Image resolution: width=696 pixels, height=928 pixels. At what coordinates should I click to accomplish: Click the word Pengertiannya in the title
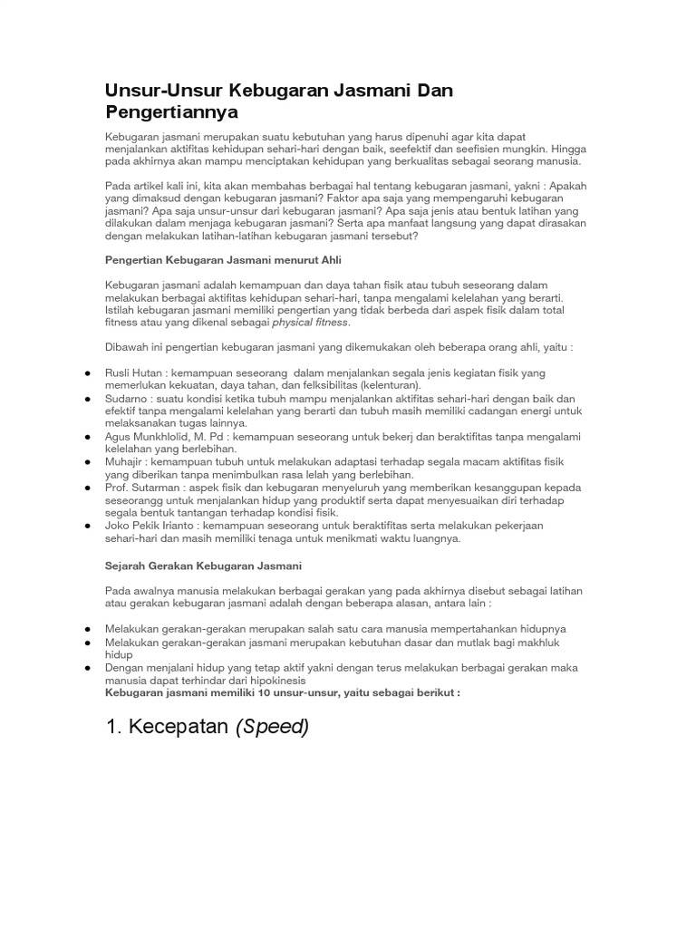(x=171, y=112)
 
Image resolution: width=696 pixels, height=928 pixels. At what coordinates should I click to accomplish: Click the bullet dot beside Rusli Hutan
(x=85, y=373)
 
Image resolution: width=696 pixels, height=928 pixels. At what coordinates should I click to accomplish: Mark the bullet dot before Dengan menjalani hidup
(x=85, y=668)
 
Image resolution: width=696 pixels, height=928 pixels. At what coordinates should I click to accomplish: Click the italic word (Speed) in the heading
(x=272, y=727)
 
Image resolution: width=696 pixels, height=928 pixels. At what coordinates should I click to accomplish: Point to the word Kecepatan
(x=178, y=727)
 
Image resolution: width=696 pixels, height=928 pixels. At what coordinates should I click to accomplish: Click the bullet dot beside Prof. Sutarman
(x=85, y=487)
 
